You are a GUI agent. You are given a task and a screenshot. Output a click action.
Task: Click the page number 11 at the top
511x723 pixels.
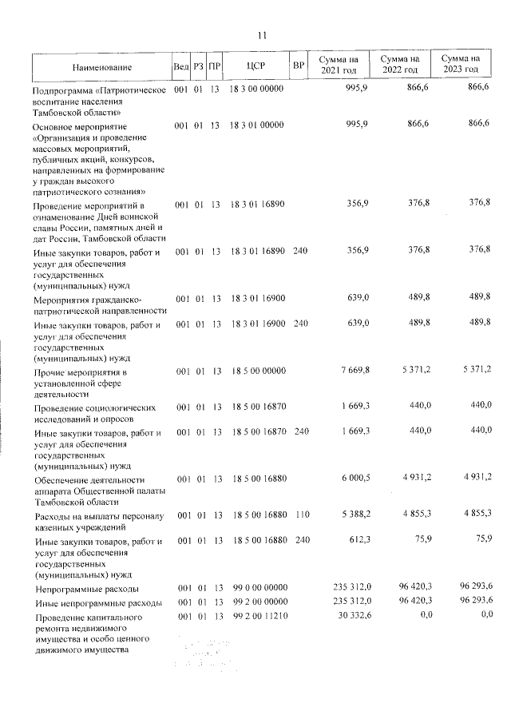[x=261, y=34]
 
